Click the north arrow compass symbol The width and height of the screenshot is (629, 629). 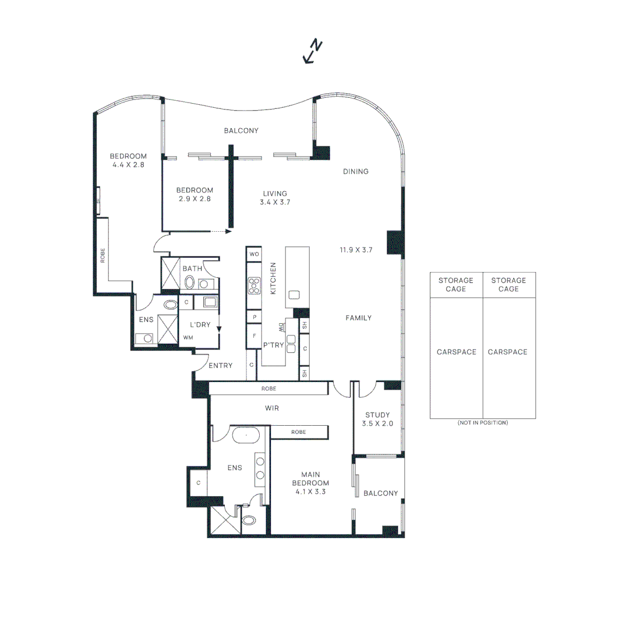pyautogui.click(x=313, y=51)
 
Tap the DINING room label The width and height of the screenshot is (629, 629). pyautogui.click(x=355, y=171)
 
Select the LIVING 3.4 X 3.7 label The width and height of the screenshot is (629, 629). pyautogui.click(x=275, y=198)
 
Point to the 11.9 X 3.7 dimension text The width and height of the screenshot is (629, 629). pyautogui.click(x=356, y=250)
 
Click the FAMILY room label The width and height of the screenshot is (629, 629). pyautogui.click(x=358, y=318)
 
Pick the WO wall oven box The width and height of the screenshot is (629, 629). pyautogui.click(x=254, y=255)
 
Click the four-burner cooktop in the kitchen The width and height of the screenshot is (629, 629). pyautogui.click(x=255, y=285)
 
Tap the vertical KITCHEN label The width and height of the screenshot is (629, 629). pyautogui.click(x=273, y=278)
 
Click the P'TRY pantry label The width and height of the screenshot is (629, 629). pyautogui.click(x=273, y=345)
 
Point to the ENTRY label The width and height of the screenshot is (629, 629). pyautogui.click(x=220, y=366)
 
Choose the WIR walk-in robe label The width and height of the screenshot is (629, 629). pyautogui.click(x=271, y=408)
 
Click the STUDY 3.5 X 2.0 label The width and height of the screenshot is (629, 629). pyautogui.click(x=377, y=419)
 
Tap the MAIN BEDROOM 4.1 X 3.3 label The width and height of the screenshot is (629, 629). pyautogui.click(x=311, y=483)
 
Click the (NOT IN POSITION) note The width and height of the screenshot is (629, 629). pyautogui.click(x=482, y=422)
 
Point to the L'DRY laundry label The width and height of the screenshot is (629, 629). pyautogui.click(x=199, y=324)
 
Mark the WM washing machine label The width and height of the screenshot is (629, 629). pyautogui.click(x=188, y=337)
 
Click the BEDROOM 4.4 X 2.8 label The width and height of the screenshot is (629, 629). pyautogui.click(x=128, y=160)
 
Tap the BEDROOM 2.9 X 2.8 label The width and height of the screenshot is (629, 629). pyautogui.click(x=195, y=194)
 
